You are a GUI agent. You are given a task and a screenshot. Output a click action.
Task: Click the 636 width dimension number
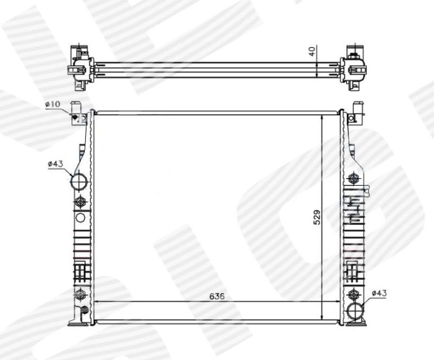click(216, 296)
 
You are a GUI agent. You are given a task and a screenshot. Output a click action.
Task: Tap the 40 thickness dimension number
click(312, 52)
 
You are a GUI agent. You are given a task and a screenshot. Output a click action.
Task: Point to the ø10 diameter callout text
click(53, 104)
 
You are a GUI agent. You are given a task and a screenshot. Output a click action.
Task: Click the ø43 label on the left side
click(56, 164)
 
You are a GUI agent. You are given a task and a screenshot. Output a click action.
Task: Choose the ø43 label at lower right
click(379, 293)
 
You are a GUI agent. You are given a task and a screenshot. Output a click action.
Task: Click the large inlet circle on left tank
click(79, 182)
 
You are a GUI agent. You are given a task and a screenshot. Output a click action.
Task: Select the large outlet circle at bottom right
click(355, 311)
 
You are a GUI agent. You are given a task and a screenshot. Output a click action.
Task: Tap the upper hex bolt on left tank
click(80, 201)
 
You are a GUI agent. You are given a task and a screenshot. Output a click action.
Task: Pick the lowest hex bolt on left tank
click(80, 294)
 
